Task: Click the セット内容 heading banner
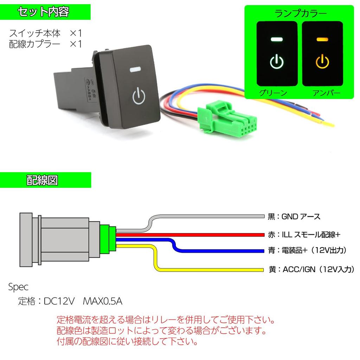coord(45,12)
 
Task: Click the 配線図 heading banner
coord(45,180)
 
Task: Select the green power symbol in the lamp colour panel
coord(277,63)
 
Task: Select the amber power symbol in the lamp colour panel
coord(322,62)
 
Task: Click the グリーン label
coord(273,93)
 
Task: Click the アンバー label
coord(326,93)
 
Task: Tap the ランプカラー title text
coord(300,14)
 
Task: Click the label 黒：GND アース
coord(294,216)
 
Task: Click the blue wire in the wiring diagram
coord(218,251)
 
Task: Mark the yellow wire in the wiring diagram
coord(211,270)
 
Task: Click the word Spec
coord(18,287)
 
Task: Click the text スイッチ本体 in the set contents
coord(35,34)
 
